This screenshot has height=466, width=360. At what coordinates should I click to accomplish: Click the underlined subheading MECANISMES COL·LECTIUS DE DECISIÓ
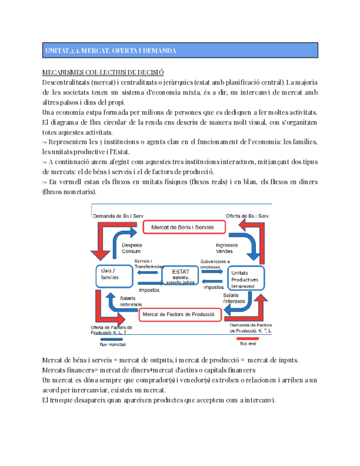103,73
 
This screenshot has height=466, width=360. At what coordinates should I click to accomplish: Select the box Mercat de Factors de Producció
180,314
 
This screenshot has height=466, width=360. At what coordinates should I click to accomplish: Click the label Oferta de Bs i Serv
247,215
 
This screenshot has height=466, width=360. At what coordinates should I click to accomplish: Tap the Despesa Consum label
131,247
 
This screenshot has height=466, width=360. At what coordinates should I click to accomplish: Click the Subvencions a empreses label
215,264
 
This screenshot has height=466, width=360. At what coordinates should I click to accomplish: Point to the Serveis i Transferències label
148,263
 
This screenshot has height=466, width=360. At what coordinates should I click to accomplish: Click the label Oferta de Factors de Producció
112,330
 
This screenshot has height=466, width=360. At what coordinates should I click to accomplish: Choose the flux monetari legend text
112,345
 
